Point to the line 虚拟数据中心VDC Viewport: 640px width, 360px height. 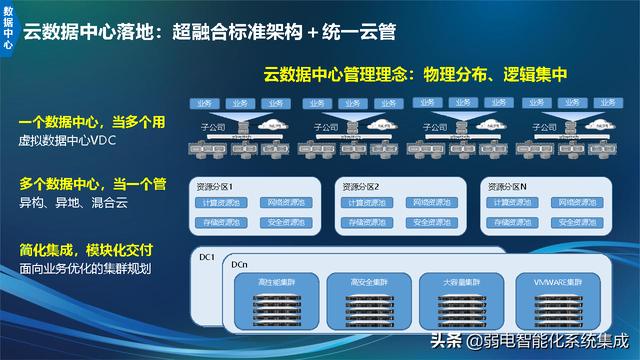coord(68,141)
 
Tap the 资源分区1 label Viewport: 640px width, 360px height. coord(218,187)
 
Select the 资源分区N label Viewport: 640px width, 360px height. coord(510,187)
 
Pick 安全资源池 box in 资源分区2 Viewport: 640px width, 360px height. coord(431,222)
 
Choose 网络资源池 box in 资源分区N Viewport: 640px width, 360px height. coord(577,203)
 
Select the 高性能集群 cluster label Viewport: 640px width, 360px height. coord(272,282)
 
